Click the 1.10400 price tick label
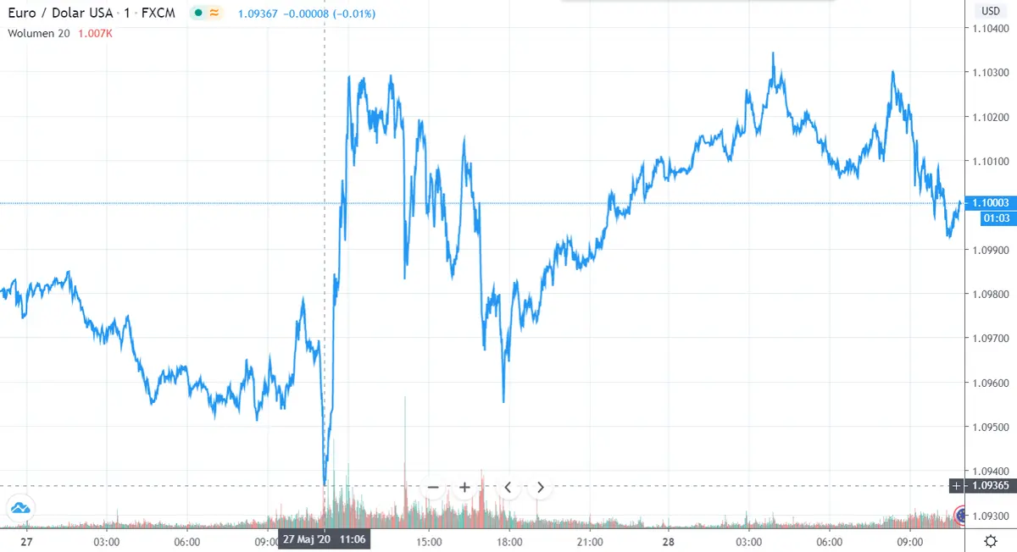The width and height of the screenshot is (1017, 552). (x=992, y=29)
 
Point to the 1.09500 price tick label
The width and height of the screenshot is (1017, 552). (x=992, y=427)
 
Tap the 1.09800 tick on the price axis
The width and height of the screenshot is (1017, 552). (x=992, y=294)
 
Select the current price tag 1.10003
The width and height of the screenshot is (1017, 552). (x=992, y=203)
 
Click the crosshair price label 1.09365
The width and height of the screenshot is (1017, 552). (x=992, y=486)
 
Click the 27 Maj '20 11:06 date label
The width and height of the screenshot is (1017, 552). (x=325, y=538)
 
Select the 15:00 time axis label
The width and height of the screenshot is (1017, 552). (x=429, y=540)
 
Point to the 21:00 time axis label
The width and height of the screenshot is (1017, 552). (x=589, y=540)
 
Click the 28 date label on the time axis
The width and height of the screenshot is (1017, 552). (x=668, y=540)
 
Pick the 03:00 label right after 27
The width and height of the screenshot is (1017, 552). (x=107, y=540)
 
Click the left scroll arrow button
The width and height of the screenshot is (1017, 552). (x=508, y=487)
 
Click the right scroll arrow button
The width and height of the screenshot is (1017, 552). (x=540, y=487)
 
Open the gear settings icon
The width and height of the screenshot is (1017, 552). (x=990, y=540)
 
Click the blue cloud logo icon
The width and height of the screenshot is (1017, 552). (x=19, y=509)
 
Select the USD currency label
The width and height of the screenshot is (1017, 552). (x=990, y=11)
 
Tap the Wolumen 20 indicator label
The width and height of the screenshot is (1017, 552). (x=39, y=34)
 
